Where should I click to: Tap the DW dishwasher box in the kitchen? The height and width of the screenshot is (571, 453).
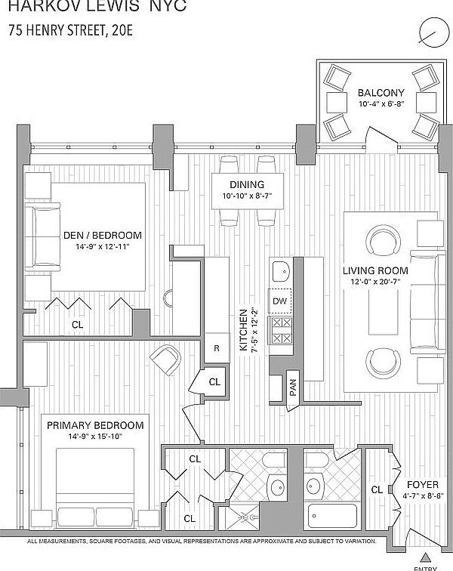pyautogui.click(x=280, y=301)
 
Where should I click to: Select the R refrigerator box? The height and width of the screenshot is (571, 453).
pyautogui.click(x=217, y=348)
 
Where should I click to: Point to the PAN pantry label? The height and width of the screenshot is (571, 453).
pyautogui.click(x=292, y=387)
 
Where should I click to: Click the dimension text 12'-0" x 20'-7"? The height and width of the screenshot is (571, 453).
pyautogui.click(x=375, y=282)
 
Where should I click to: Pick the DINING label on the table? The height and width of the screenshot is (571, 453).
pyautogui.click(x=248, y=185)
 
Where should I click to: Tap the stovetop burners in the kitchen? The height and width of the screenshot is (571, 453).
pyautogui.click(x=281, y=331)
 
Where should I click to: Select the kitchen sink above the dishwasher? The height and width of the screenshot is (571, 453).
pyautogui.click(x=280, y=270)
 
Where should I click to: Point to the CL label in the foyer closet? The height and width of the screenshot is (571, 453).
pyautogui.click(x=377, y=489)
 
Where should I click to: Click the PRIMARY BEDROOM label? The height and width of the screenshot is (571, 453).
pyautogui.click(x=84, y=425)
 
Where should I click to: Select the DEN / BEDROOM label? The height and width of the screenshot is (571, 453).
pyautogui.click(x=102, y=235)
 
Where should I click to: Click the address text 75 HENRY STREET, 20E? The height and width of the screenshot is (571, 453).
pyautogui.click(x=72, y=31)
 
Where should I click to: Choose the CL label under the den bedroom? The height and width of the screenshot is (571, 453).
pyautogui.click(x=77, y=324)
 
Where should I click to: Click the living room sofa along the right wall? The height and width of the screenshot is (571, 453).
pyautogui.click(x=426, y=302)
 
